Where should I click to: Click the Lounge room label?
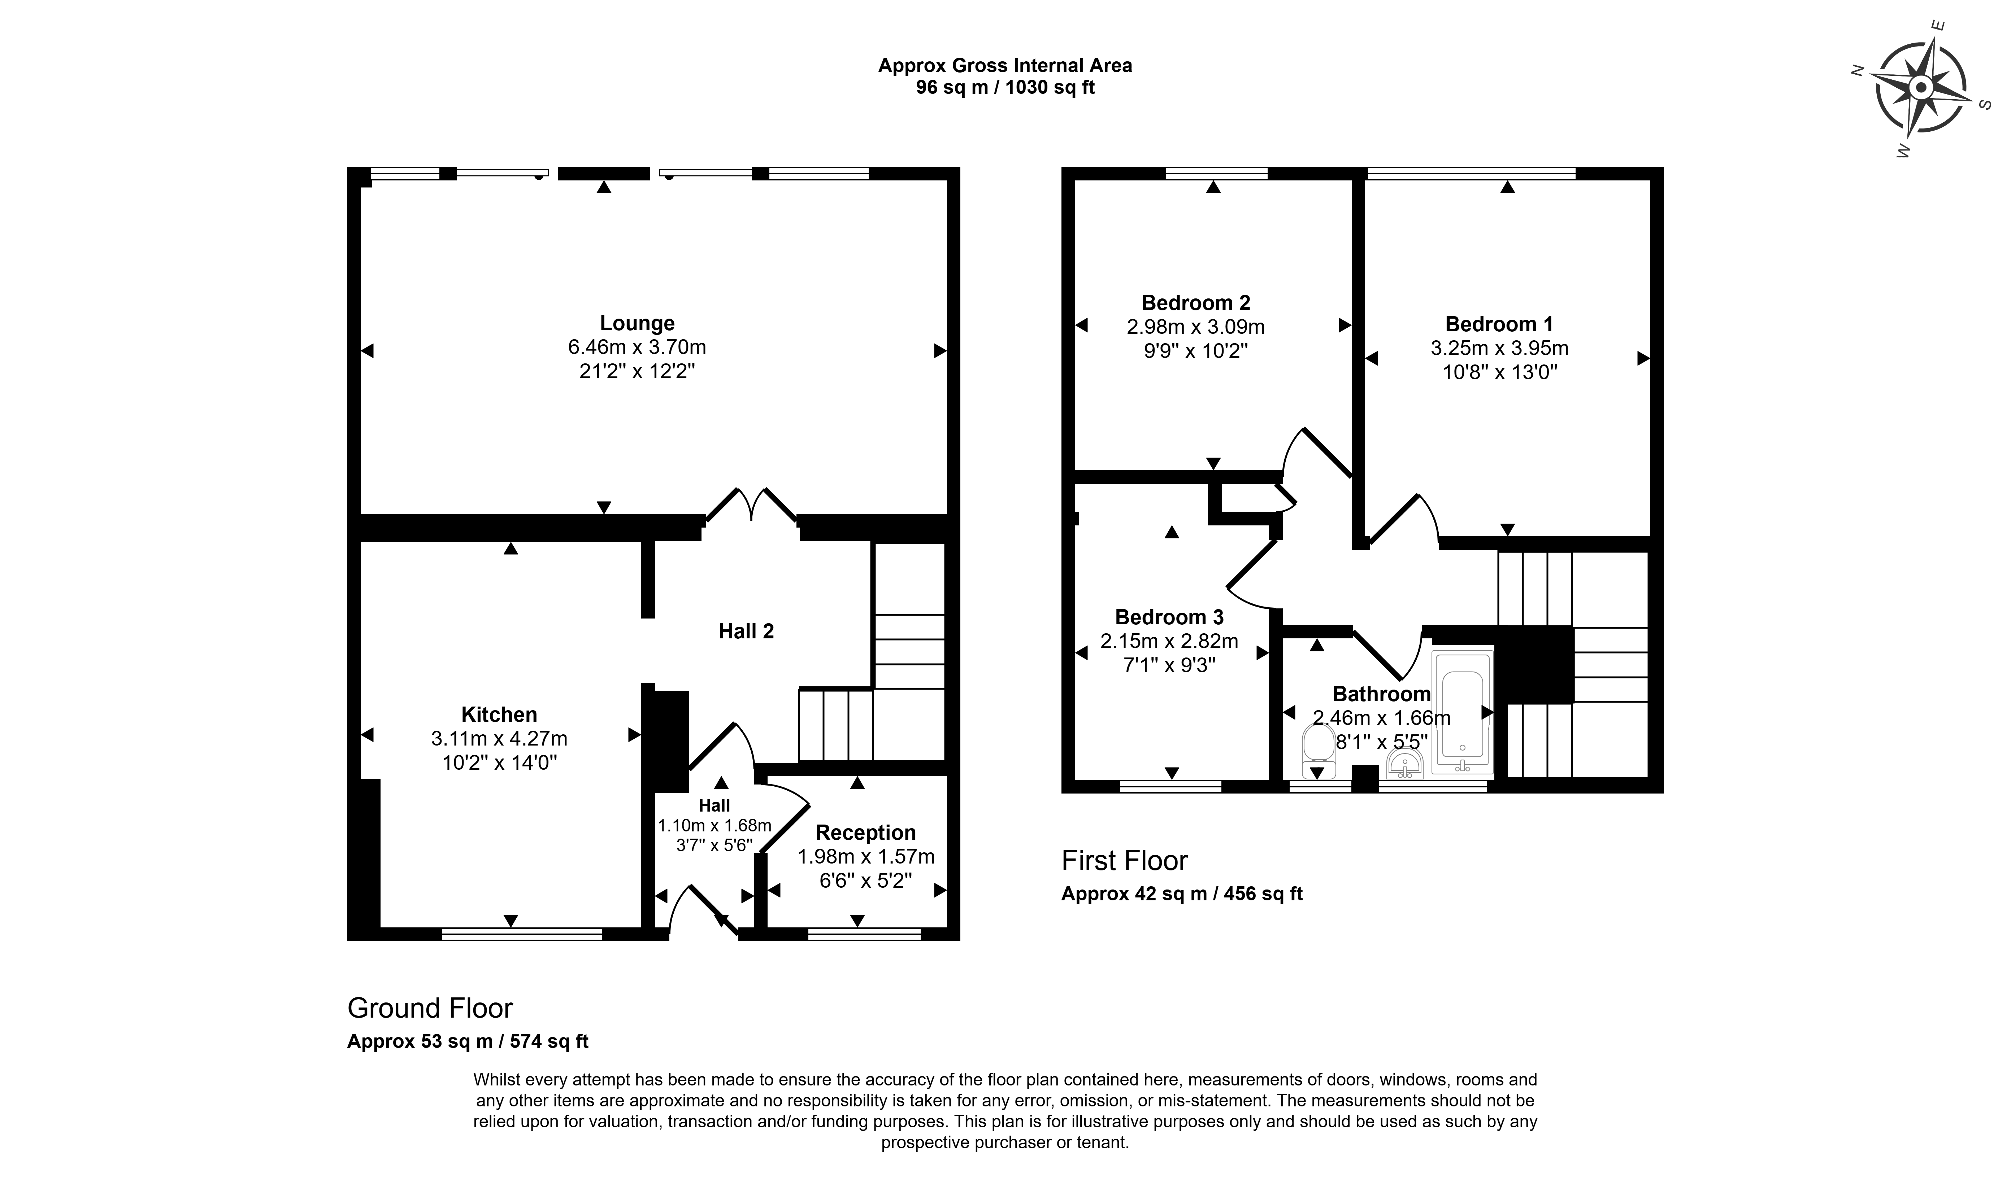coord(637,323)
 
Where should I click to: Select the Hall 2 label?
coord(746,631)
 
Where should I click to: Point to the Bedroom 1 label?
coord(1499,324)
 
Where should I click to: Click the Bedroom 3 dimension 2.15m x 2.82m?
coord(1169,641)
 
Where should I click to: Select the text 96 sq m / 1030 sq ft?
coord(1005,88)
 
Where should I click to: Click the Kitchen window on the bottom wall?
coord(522,934)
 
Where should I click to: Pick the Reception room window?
coord(864,934)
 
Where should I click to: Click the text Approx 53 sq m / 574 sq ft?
coord(468,1041)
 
